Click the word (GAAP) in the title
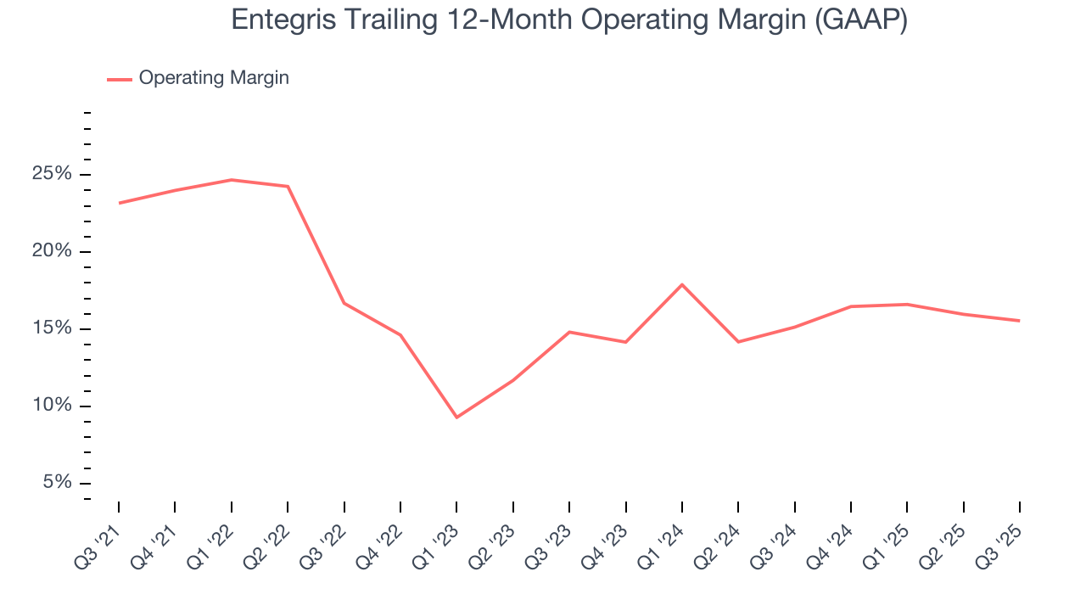(860, 20)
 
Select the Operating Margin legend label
(214, 78)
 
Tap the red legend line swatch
(119, 79)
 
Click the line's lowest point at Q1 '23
(456, 418)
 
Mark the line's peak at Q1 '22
(232, 180)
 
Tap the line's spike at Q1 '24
(682, 284)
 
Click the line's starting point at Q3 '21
(119, 203)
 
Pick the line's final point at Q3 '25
(1019, 321)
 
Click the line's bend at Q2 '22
(288, 187)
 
